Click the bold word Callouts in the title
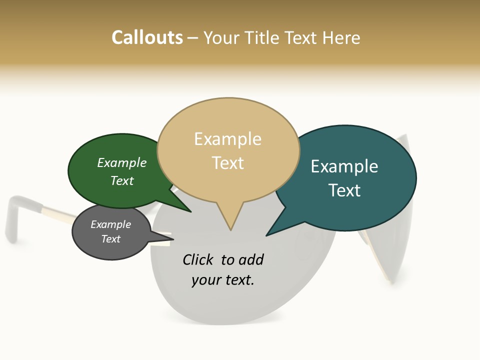point(147,37)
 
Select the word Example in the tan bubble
point(227,139)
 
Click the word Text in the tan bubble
point(227,163)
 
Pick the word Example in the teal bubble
point(344,166)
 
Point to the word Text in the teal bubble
point(344,190)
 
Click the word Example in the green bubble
point(122,163)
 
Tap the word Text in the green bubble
point(122,180)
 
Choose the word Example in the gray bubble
point(110,224)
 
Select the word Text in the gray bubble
point(110,239)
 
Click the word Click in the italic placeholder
point(198,259)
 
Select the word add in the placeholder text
point(251,259)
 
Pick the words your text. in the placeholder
point(223,280)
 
